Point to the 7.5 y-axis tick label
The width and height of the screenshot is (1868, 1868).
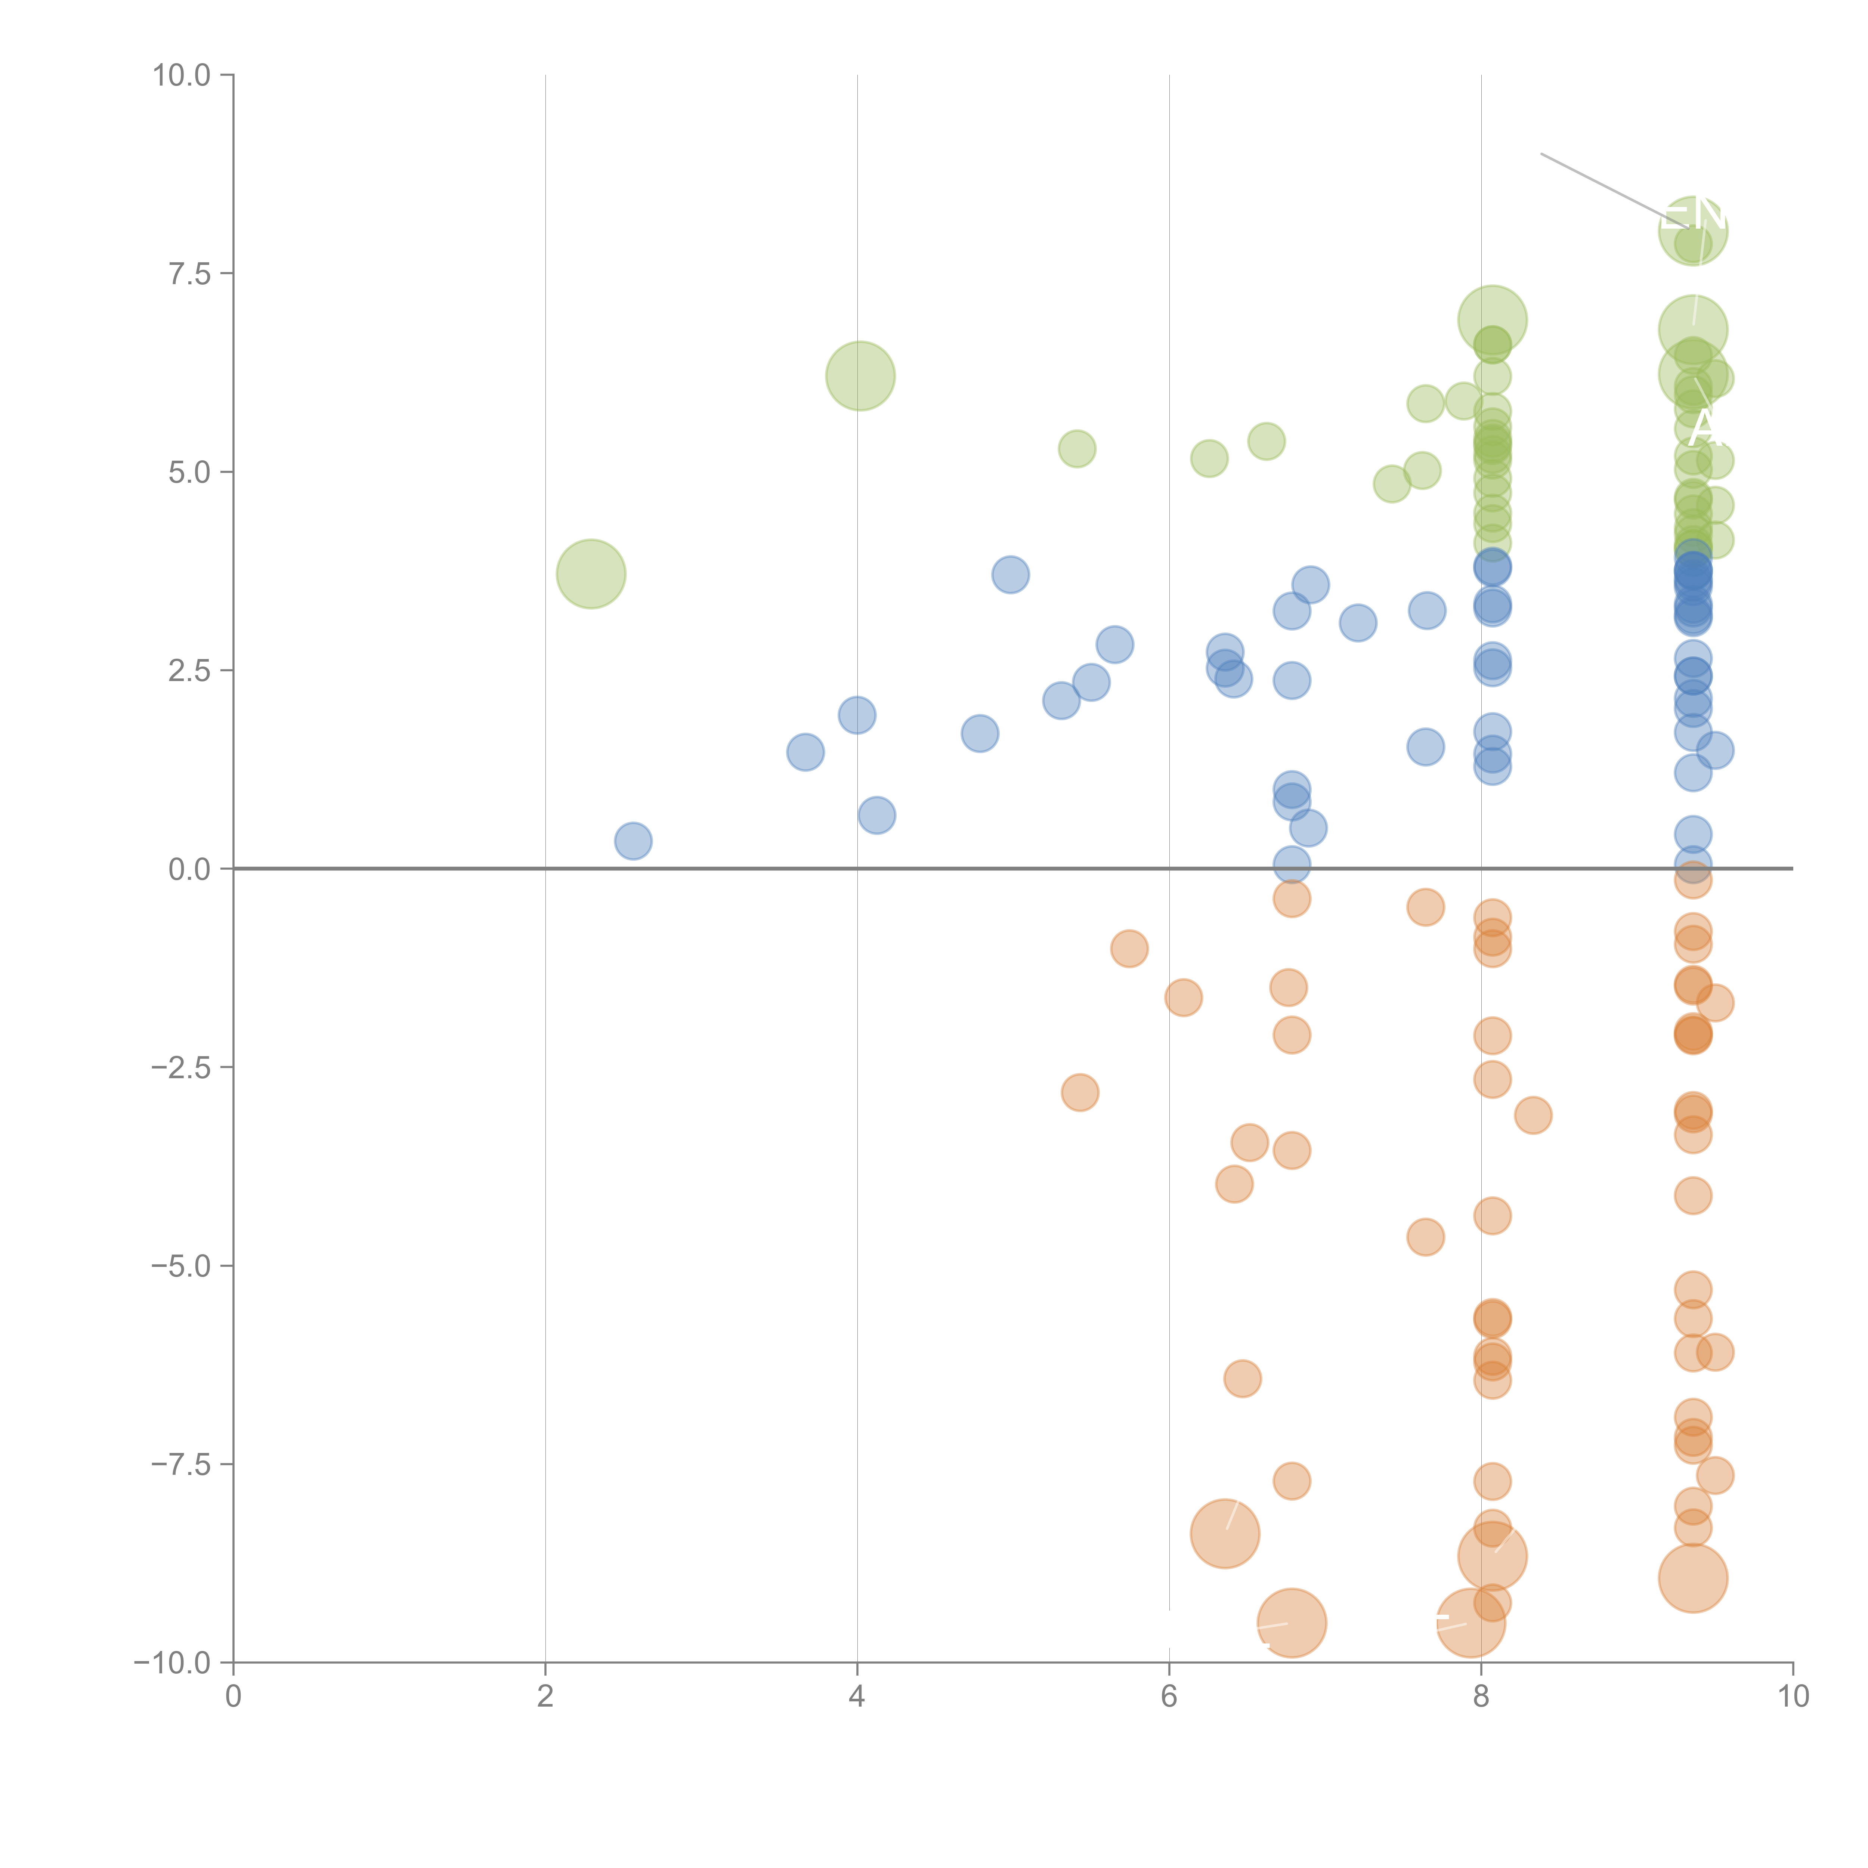point(189,273)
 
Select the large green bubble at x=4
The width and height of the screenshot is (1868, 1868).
point(860,375)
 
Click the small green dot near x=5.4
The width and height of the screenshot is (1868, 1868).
point(1076,449)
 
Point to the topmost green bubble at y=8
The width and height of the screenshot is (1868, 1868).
point(1692,230)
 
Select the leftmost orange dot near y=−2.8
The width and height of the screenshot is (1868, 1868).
point(1079,1092)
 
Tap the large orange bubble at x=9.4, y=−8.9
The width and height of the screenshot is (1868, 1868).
point(1692,1579)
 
